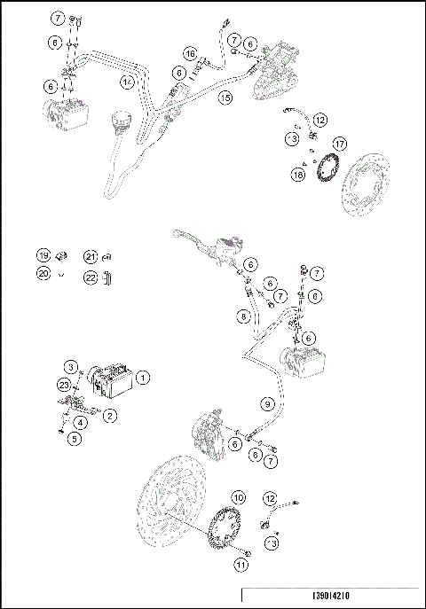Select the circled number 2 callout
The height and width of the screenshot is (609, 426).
point(109,415)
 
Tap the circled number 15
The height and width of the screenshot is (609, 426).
point(225,98)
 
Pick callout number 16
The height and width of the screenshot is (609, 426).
point(191,55)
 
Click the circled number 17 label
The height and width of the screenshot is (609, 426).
point(338,144)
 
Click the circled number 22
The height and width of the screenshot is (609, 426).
point(90,277)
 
